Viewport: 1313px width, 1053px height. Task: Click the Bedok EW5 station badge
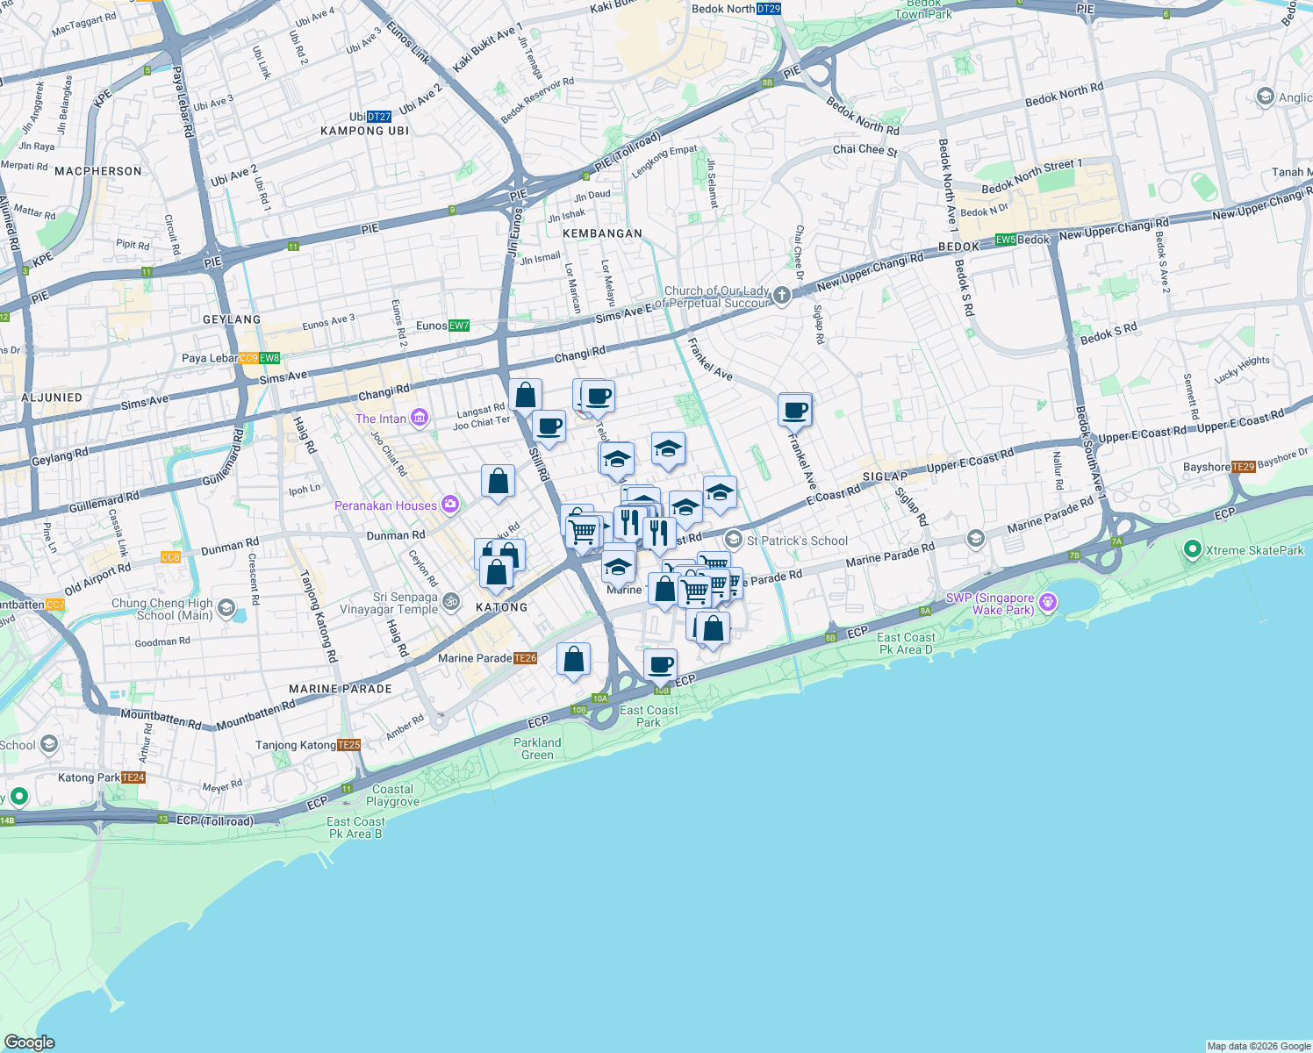(1005, 240)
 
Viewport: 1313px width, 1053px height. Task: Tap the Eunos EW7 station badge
(459, 326)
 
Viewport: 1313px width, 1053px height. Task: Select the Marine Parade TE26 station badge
(525, 658)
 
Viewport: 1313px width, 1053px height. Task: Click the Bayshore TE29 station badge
(1243, 467)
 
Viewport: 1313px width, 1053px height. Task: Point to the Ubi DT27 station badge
(379, 117)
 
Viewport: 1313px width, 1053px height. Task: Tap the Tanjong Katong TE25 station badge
(348, 745)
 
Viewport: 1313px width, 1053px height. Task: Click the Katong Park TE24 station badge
(133, 777)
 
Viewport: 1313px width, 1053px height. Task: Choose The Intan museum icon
(420, 418)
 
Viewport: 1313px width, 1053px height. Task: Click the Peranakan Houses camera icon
(450, 504)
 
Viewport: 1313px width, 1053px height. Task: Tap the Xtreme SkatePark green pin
(1192, 549)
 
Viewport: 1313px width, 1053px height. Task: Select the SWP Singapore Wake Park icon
(1047, 602)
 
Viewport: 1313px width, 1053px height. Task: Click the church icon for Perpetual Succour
(782, 296)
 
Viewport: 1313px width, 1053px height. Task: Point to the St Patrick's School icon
(734, 540)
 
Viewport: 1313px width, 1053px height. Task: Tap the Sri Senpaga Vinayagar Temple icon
(451, 601)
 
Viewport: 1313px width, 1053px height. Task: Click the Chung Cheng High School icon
(226, 608)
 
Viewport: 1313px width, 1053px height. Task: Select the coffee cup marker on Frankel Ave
(795, 410)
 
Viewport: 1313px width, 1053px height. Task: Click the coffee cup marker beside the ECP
(661, 664)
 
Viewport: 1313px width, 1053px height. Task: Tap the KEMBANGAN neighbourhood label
(602, 233)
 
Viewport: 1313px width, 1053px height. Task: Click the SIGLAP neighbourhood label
(885, 476)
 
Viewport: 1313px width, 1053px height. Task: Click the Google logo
(30, 1042)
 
